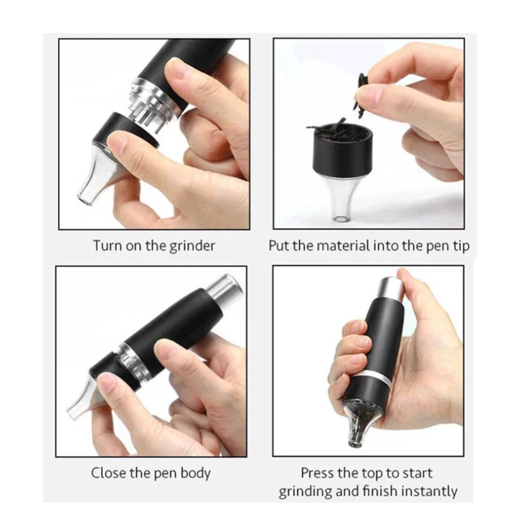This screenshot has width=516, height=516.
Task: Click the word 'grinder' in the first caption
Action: [x=192, y=247]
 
